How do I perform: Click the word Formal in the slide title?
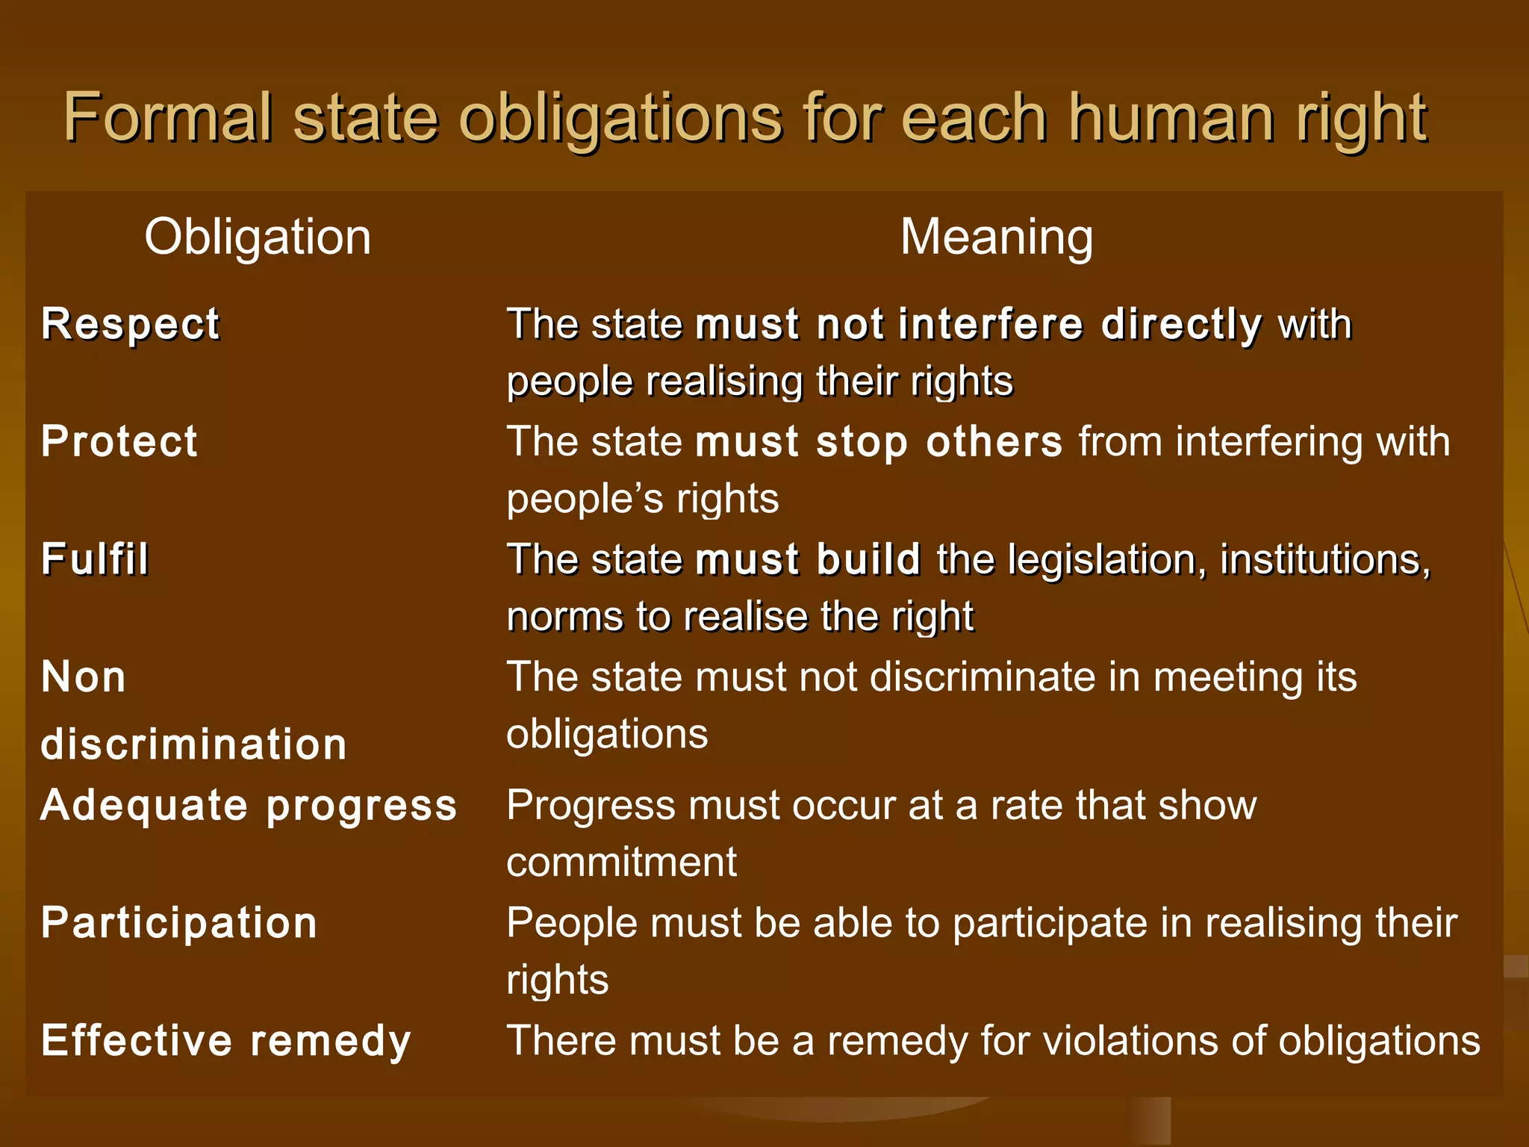click(x=167, y=118)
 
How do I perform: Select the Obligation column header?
click(x=258, y=237)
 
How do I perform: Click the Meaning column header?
click(x=996, y=237)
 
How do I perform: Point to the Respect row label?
click(x=131, y=325)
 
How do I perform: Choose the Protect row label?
click(x=119, y=441)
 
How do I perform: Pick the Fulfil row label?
click(x=95, y=559)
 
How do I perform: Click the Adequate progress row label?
click(x=249, y=806)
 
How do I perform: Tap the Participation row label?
click(x=179, y=923)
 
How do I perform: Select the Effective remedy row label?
click(x=226, y=1041)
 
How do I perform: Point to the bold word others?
click(x=994, y=442)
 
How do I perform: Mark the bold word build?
click(x=868, y=559)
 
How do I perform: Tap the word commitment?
click(x=621, y=862)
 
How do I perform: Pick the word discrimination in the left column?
click(x=194, y=745)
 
